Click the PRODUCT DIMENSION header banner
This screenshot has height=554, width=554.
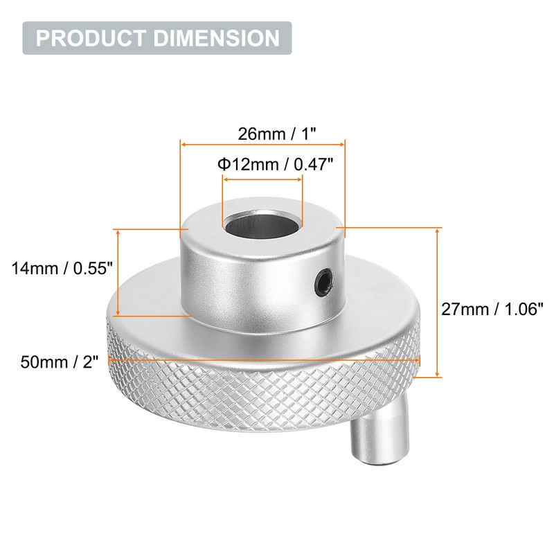[x=157, y=37]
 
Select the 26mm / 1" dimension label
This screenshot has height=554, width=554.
[x=262, y=134]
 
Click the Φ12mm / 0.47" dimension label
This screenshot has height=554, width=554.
[x=276, y=164]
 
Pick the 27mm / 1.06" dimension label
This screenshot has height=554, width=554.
[x=492, y=310]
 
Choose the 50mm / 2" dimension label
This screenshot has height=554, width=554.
[x=60, y=361]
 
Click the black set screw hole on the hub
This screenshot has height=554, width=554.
[x=323, y=280]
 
